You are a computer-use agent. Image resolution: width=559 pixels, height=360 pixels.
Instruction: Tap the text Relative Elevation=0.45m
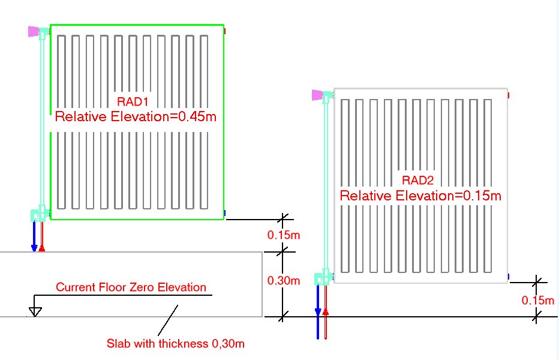pos(136,116)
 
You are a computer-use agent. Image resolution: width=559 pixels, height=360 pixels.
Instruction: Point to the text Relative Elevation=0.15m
pos(420,196)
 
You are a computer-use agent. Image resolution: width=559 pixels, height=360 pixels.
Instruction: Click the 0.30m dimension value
pos(283,281)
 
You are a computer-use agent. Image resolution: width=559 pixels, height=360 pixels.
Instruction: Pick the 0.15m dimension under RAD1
pos(283,235)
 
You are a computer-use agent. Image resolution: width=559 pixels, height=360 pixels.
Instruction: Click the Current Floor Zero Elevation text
pos(131,287)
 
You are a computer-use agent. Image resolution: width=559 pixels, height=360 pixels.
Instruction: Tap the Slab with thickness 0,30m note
pos(176,344)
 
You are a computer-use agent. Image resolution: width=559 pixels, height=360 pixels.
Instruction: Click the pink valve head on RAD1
pos(33,31)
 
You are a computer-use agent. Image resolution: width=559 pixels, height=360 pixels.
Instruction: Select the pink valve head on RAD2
pos(318,94)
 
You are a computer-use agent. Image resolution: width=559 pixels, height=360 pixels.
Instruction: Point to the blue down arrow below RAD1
pos(34,236)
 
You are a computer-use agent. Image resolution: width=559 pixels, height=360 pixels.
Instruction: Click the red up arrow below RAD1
pos(41,238)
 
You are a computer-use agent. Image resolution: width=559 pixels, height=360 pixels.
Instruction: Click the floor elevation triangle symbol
pos(35,311)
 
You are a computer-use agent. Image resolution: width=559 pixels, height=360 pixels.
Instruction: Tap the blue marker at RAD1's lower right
pos(224,212)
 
